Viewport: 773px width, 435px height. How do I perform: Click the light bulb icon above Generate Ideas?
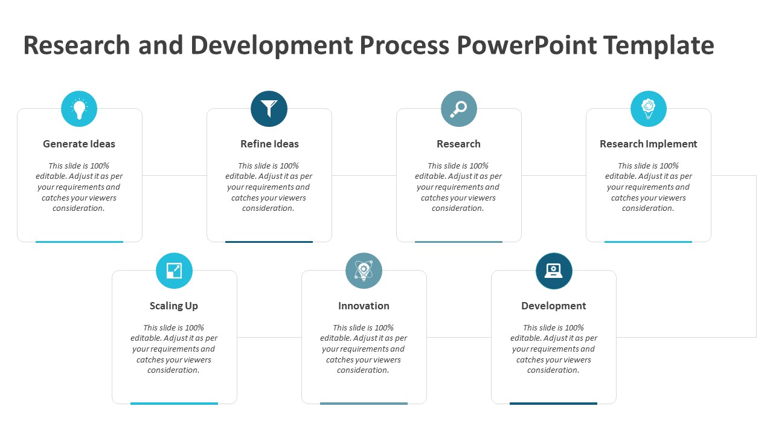79,109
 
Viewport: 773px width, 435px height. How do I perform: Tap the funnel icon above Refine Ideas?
269,109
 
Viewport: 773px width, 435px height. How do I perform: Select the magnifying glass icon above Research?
458,109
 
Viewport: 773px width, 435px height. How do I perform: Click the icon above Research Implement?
648,109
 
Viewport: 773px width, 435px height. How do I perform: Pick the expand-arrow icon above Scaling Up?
174,271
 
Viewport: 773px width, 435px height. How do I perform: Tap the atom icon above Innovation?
364,271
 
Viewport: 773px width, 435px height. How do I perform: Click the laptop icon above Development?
553,271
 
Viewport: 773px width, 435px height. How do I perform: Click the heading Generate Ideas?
79,144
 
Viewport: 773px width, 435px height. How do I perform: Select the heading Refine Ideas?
269,144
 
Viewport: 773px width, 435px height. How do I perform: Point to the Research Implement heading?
648,144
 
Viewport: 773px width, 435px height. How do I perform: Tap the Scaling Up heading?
174,306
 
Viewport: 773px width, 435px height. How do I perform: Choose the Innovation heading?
364,306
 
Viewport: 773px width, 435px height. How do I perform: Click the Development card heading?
553,306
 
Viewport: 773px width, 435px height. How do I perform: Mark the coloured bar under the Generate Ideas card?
79,242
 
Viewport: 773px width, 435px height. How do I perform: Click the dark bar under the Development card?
553,403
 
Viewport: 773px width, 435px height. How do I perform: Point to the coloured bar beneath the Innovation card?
364,403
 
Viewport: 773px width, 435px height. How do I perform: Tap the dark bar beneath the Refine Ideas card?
269,242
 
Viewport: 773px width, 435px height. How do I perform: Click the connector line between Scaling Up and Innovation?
269,337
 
